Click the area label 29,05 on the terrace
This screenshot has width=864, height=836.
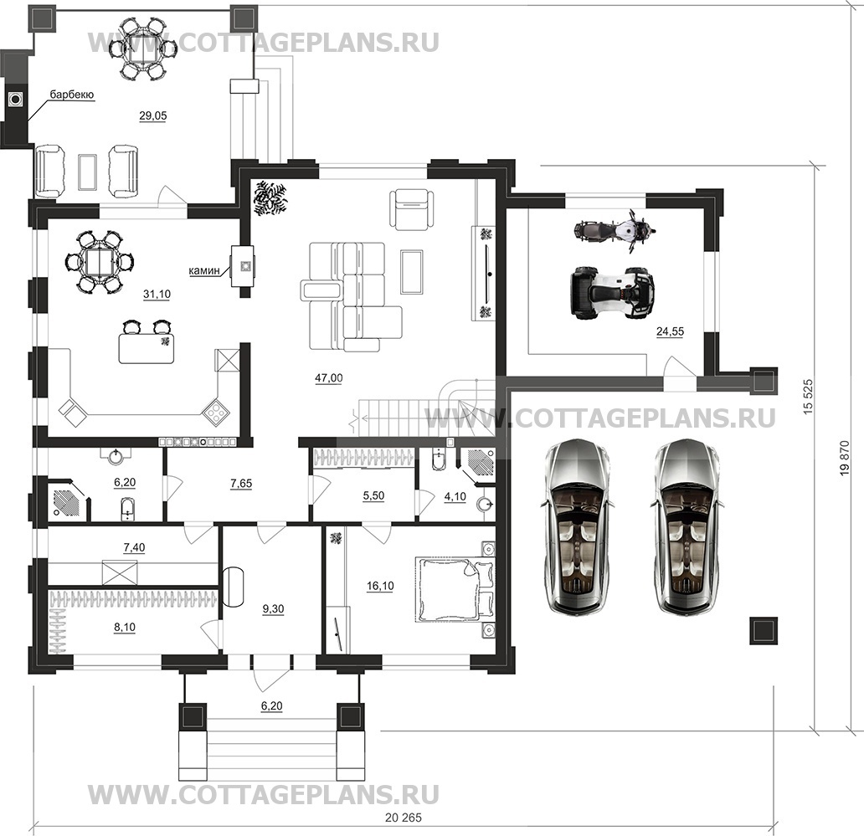(153, 116)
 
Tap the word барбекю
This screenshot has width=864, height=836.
(72, 95)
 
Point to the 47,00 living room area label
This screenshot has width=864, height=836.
(329, 378)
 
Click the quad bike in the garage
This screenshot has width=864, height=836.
(611, 293)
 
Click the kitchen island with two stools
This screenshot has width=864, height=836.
(147, 347)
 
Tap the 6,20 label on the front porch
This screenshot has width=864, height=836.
(271, 706)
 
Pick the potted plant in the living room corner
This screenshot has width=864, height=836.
(270, 197)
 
